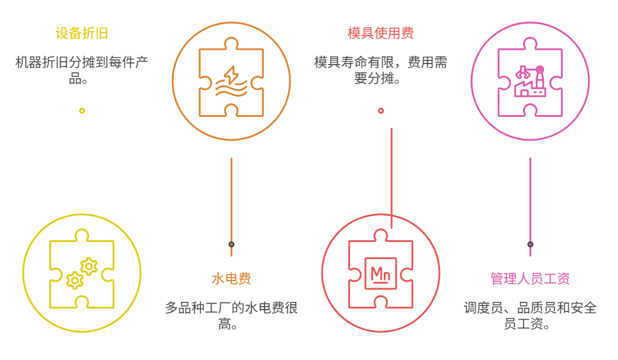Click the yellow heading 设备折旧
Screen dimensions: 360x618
82,33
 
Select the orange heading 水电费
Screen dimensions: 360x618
231,279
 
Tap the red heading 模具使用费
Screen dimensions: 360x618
381,33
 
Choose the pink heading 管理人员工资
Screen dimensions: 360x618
530,279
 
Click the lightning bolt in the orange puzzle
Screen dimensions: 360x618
230,75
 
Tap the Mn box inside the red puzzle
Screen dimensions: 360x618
380,274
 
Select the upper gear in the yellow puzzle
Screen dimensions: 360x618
88,266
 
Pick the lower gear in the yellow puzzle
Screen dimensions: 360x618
75,280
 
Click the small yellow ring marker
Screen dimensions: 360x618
82,110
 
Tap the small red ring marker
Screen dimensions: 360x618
381,110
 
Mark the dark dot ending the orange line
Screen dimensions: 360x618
231,244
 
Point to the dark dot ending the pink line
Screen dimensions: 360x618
530,244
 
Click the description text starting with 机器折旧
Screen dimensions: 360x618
82,70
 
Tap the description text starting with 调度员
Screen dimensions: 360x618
530,316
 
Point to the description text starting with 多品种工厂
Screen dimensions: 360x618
231,316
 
